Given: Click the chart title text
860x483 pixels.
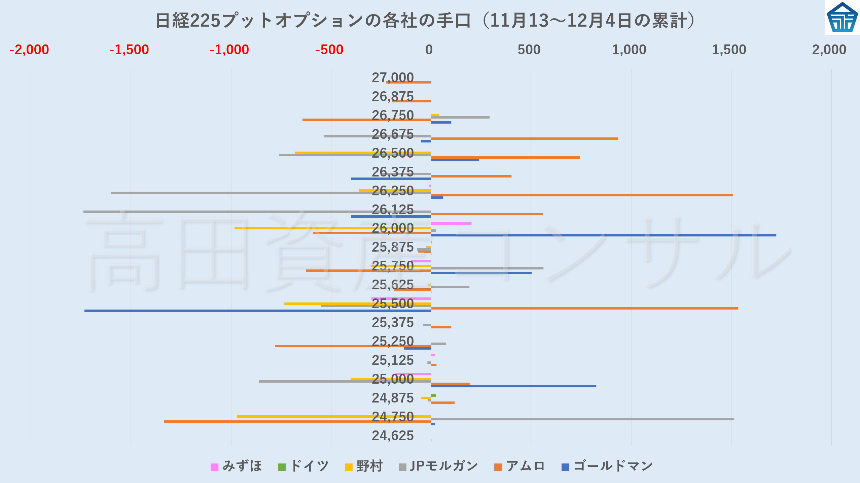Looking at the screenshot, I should pos(425,21).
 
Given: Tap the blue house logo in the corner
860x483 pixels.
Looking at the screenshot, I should pos(842,18).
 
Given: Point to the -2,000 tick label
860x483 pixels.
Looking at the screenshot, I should pos(29,50).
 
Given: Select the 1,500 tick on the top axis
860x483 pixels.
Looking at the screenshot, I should pos(729,50).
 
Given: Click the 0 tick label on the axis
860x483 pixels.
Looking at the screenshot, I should pos(429,50).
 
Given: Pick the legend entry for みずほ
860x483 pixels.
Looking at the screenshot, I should pos(236,466).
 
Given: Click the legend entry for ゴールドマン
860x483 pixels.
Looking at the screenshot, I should pos(607,466).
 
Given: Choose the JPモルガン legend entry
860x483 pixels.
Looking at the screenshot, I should pos(438,466).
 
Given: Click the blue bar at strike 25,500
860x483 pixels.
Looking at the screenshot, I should pos(257,311).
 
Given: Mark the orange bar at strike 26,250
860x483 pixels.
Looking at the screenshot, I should pos(581,195).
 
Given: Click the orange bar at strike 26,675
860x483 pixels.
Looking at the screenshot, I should pos(524,139).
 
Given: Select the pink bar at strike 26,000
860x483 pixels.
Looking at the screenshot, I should pos(451,223).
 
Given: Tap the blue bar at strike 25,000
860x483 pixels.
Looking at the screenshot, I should pos(513,386).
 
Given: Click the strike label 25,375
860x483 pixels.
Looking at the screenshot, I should pos(392,323).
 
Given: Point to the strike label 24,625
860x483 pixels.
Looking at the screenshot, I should pos(392,436).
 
